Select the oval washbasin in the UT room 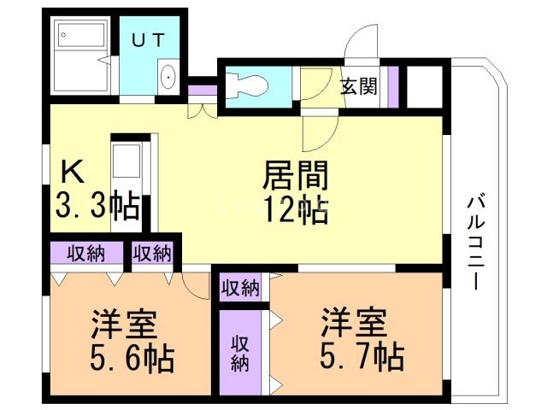(168, 78)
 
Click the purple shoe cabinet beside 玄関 (394, 86)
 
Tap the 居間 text (295, 177)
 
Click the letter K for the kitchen (74, 173)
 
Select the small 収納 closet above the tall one (240, 288)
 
